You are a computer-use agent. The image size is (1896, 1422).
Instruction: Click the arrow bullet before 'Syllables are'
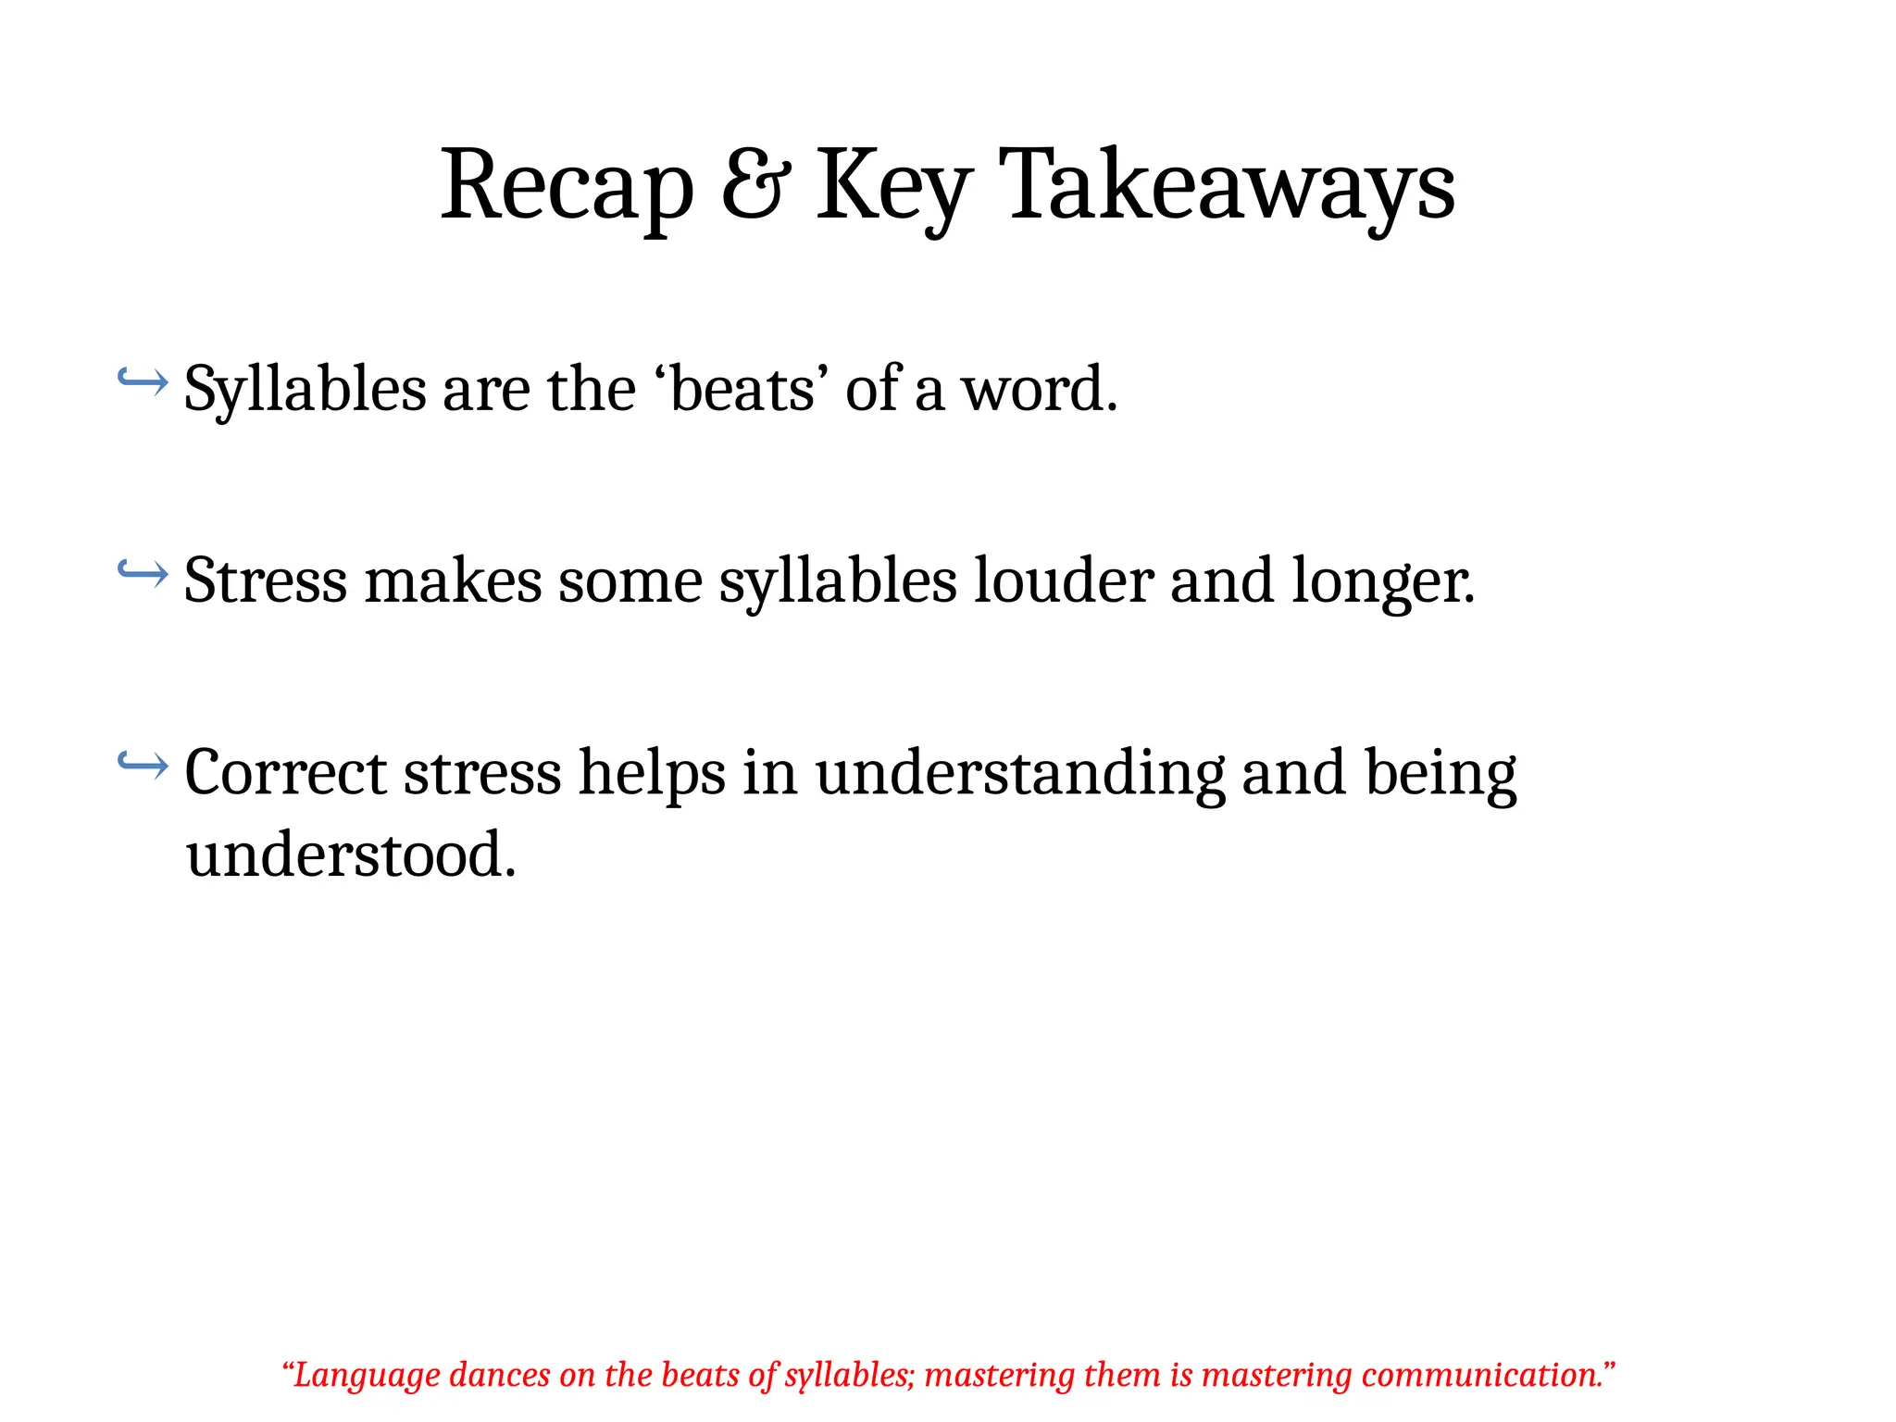[143, 380]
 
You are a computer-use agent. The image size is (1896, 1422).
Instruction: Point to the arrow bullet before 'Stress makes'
[143, 573]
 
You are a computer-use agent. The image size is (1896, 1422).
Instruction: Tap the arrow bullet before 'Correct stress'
[143, 764]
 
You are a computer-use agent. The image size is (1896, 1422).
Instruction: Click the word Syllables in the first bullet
[305, 389]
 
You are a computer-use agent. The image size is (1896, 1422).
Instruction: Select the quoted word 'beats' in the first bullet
[741, 389]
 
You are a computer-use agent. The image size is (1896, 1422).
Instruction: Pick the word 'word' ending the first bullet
[1039, 389]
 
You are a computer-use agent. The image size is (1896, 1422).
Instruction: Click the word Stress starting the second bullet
[266, 581]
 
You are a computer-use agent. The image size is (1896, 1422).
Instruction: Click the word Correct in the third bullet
[285, 773]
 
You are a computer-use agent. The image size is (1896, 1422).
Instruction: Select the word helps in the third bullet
[652, 773]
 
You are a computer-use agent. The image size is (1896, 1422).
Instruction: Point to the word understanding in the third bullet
[1019, 773]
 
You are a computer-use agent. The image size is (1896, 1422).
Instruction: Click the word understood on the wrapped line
[350, 854]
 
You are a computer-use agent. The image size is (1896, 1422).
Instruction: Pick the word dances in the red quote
[500, 1376]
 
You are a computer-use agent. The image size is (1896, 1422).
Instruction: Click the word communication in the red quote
[1481, 1376]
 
